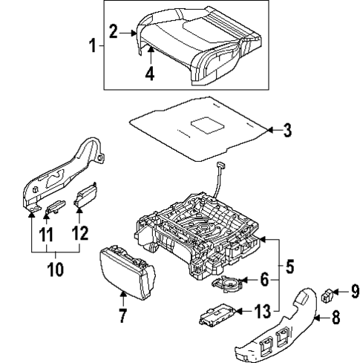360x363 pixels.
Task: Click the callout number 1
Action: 93,47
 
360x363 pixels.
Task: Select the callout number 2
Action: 114,31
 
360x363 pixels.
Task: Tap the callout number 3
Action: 287,131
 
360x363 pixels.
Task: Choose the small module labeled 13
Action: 216,317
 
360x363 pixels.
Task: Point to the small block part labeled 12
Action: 86,194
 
